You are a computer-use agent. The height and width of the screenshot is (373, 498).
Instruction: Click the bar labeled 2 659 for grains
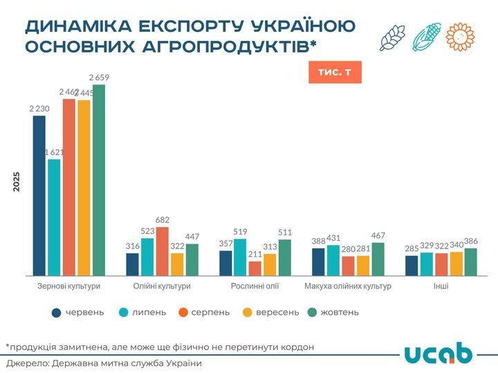[99, 180]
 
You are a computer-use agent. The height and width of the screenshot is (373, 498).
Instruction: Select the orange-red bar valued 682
[162, 251]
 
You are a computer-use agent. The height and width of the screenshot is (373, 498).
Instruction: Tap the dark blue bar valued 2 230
[39, 196]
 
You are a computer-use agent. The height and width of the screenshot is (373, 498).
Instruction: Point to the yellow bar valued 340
[456, 264]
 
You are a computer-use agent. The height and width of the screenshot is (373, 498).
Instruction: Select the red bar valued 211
[255, 269]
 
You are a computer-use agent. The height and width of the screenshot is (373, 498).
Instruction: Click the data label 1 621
[55, 152]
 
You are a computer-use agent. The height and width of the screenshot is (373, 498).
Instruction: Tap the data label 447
[192, 237]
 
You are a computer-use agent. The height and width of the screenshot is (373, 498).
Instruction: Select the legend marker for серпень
[183, 312]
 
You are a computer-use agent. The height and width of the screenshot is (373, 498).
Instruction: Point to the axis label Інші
[441, 286]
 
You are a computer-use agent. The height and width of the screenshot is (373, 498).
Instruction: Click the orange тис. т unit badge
[335, 72]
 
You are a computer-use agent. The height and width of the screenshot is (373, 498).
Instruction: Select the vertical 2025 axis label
[17, 181]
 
